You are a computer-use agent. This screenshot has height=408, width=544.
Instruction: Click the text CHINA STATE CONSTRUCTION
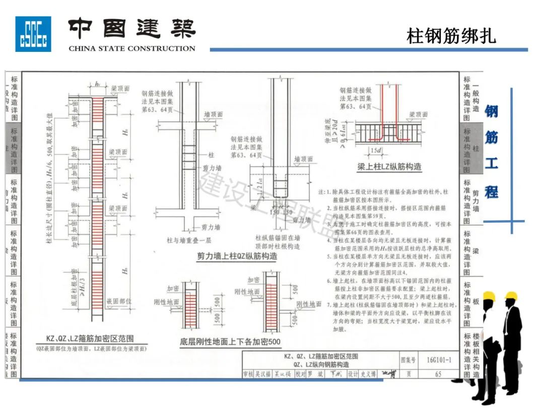point(131,49)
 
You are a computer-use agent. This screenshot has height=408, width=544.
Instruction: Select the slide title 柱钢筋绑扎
point(451,36)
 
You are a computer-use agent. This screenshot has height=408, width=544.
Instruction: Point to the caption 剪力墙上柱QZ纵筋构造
point(237,256)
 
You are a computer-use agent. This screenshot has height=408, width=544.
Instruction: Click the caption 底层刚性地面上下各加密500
point(230,342)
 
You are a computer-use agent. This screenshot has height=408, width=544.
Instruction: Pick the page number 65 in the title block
point(438,374)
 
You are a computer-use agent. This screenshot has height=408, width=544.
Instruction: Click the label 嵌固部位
point(119,301)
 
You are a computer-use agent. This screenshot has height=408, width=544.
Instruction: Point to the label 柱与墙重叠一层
point(186,240)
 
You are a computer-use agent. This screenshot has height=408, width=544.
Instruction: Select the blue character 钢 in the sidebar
point(492,112)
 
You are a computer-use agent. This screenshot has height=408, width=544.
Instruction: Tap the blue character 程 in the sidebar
point(492,191)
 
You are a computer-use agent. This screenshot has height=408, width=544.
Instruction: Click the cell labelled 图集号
point(408,360)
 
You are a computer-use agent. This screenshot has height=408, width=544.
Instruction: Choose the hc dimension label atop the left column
point(98,84)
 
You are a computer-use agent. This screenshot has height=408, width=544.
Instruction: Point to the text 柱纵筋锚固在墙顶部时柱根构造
point(278,242)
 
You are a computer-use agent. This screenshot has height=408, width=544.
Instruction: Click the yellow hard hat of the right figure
point(512,296)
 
